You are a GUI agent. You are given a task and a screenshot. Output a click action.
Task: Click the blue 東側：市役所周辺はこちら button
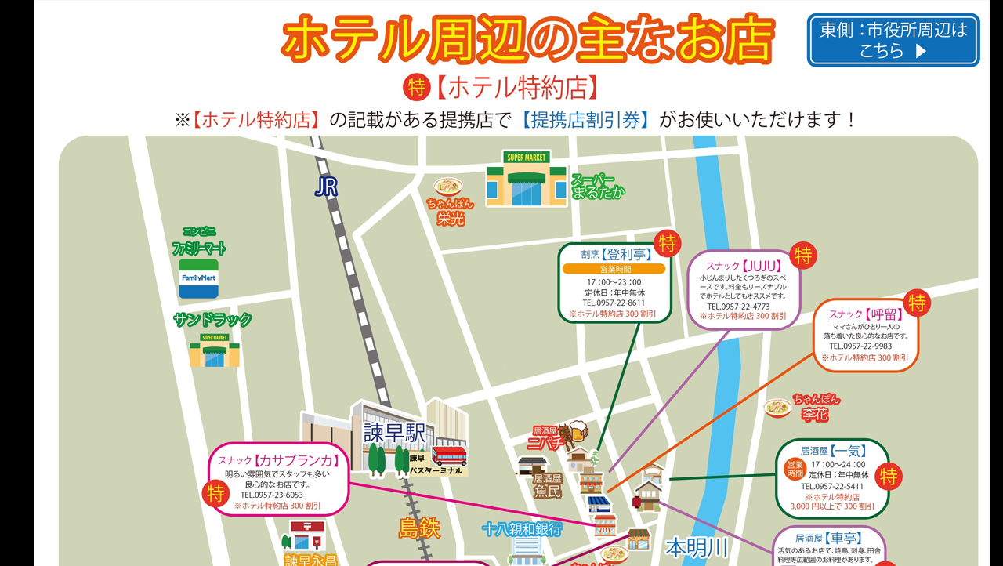[893, 40]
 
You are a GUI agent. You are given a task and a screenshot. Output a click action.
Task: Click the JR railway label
[326, 187]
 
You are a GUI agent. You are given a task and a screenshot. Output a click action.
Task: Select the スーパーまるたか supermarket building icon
[526, 180]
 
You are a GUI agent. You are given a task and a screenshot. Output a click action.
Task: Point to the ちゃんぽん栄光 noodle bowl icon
[449, 187]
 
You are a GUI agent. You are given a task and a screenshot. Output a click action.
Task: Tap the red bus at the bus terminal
[449, 455]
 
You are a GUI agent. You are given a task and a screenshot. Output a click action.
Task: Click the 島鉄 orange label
[419, 528]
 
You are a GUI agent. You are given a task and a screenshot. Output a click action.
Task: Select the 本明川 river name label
[697, 546]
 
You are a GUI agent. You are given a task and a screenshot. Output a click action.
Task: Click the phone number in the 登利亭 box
[614, 303]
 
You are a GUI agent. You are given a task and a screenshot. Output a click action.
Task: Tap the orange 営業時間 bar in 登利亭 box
[614, 269]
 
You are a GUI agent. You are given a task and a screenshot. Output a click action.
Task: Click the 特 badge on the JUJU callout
[803, 256]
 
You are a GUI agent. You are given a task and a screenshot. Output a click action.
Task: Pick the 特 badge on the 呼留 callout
[917, 303]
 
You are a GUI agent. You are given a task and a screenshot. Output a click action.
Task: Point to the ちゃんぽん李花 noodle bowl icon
[777, 408]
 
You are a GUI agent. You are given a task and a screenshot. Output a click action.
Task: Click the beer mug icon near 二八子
[576, 430]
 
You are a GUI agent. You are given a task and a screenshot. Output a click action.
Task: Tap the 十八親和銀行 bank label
[522, 529]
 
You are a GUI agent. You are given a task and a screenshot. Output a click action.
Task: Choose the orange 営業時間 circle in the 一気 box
[795, 469]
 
